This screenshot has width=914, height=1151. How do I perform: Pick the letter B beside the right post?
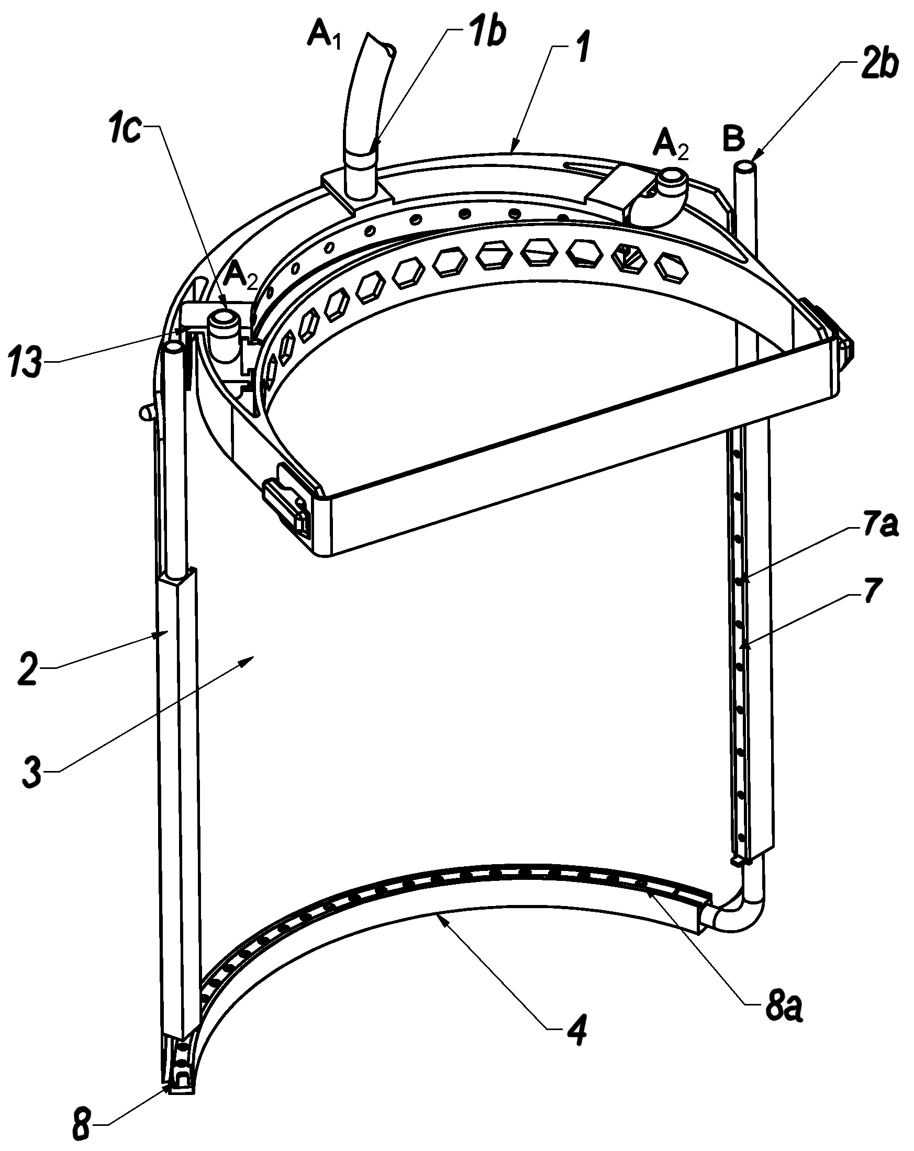pos(733,139)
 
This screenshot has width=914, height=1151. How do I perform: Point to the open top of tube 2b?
pos(745,167)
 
